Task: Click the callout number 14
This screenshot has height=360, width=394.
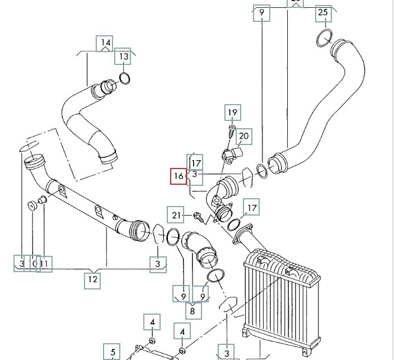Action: click(x=105, y=43)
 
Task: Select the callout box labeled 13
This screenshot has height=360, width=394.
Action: click(x=124, y=57)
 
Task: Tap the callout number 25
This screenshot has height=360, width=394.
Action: click(x=323, y=13)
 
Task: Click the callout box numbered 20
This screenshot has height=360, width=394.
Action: click(x=244, y=136)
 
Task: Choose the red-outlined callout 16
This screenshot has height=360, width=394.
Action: click(x=179, y=176)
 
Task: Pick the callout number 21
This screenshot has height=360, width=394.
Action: click(x=177, y=215)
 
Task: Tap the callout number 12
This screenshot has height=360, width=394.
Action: click(x=93, y=279)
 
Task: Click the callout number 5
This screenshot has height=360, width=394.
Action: click(x=112, y=352)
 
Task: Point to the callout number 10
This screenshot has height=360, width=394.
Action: click(x=33, y=263)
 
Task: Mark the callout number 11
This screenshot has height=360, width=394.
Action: click(x=45, y=263)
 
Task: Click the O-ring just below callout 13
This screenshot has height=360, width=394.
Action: click(x=125, y=78)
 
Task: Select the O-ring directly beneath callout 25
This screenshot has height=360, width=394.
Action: click(x=324, y=39)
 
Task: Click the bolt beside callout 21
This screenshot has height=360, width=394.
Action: click(x=198, y=216)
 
